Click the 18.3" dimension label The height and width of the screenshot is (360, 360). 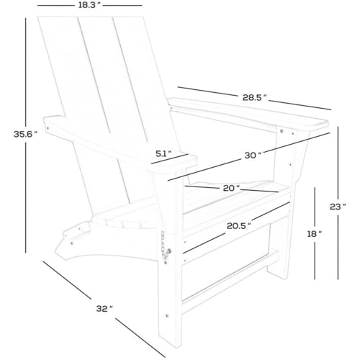[x=89, y=5]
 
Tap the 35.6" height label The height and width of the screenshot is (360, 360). [x=25, y=134]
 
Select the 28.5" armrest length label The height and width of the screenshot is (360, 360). [x=254, y=97]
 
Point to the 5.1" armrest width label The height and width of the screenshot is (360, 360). [x=163, y=153]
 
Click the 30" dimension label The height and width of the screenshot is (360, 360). [x=253, y=156]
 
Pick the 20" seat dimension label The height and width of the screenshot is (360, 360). [x=231, y=189]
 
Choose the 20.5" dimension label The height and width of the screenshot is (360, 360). [x=239, y=226]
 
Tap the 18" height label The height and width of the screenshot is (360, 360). [x=315, y=234]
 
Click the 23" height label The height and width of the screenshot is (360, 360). [x=338, y=207]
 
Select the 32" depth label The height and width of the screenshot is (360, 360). [x=104, y=309]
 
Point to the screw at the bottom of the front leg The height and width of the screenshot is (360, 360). [x=167, y=315]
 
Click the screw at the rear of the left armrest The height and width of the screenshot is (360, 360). [x=48, y=128]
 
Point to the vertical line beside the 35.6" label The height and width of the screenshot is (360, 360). [x=25, y=135]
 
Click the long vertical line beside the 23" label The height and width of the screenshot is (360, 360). [x=338, y=203]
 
